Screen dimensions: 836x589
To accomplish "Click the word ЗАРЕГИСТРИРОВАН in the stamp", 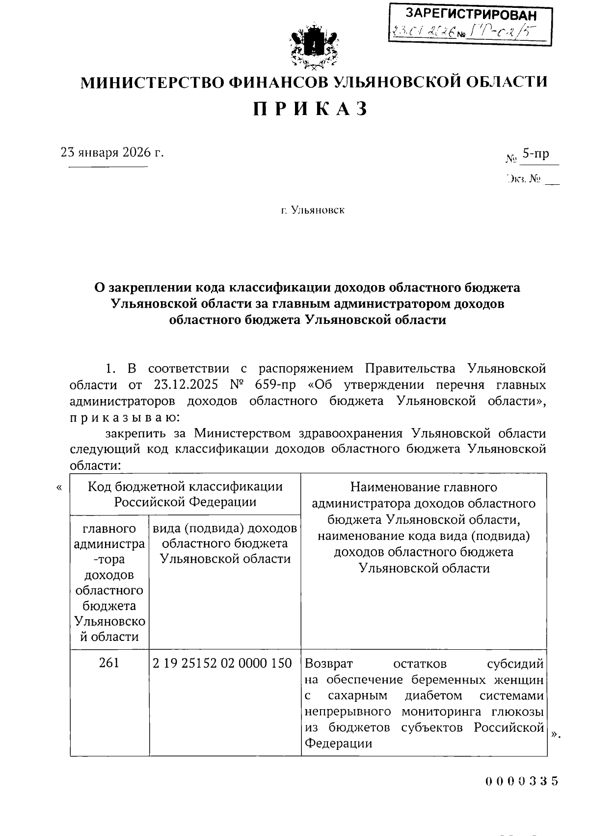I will pos(471,15).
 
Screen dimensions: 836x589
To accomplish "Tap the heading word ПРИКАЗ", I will pos(311,109).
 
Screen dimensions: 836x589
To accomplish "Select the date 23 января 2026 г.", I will pos(112,152).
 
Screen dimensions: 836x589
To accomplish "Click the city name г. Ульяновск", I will pos(313,210).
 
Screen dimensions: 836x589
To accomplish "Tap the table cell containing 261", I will pos(109,663).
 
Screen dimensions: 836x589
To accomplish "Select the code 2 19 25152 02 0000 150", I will pos(222,663).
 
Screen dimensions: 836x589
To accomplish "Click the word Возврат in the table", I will pos(329,663).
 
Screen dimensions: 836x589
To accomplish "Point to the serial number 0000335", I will pos(522,781).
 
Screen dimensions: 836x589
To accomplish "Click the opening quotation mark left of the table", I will pos(59,488).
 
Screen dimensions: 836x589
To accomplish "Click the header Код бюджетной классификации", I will pos(185,487).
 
